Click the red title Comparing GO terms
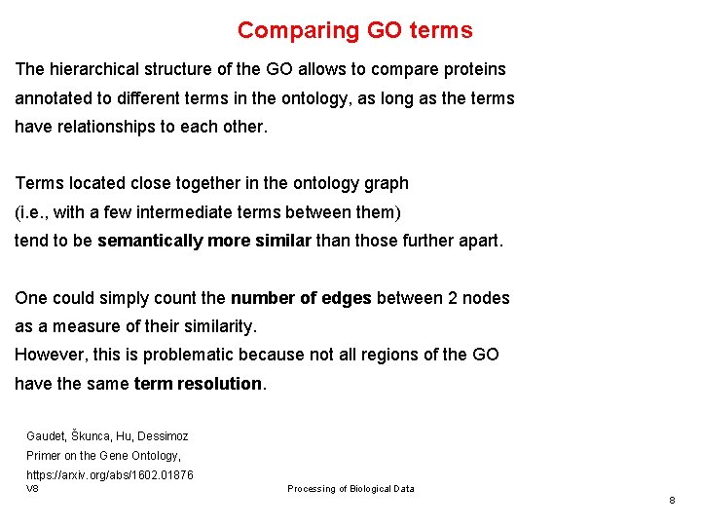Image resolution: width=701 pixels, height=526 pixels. click(x=354, y=30)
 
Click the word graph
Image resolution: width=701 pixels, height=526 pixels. click(x=386, y=183)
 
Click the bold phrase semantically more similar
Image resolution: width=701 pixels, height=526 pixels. click(x=203, y=240)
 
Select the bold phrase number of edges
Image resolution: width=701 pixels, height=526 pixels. click(x=301, y=298)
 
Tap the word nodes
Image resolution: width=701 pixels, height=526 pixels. click(x=486, y=298)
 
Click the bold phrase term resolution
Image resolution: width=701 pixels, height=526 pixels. click(x=198, y=384)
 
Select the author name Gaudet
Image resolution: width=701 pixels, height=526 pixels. click(x=46, y=436)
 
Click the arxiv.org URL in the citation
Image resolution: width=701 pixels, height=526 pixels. click(x=109, y=474)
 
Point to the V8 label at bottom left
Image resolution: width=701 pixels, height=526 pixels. click(x=32, y=488)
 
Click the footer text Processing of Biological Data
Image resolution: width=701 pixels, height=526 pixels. click(x=350, y=489)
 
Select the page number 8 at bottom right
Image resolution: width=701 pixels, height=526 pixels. click(x=672, y=500)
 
